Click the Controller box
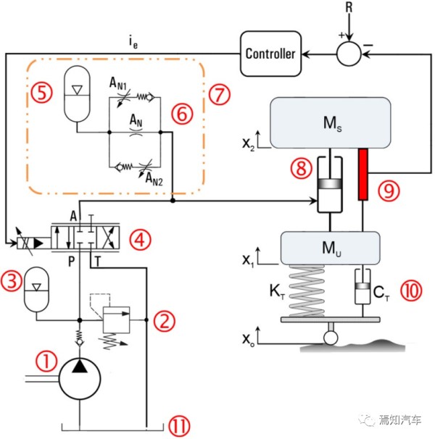(270, 54)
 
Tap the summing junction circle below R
(349, 54)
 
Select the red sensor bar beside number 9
(363, 174)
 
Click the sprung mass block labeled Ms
(331, 122)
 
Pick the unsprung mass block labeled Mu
(331, 248)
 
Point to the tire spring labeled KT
(307, 291)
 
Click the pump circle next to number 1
(80, 379)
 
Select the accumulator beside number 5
(77, 93)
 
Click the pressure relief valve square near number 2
(116, 319)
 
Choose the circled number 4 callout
(140, 240)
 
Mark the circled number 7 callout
(220, 94)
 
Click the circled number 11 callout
(179, 426)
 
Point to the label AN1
(118, 84)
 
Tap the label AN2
(154, 179)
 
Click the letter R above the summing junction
(349, 7)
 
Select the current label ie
(133, 43)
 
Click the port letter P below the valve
(72, 262)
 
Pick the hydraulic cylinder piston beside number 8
(330, 183)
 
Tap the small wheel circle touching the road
(331, 338)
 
